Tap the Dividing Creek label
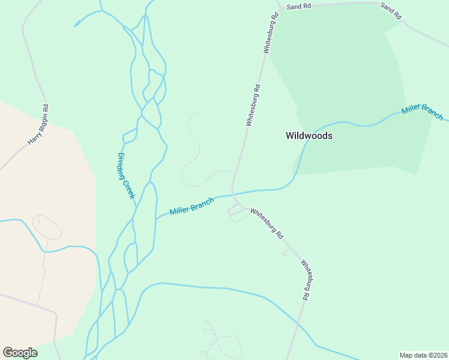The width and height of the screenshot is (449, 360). click(126, 176)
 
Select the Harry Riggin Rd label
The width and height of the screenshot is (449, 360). click(38, 125)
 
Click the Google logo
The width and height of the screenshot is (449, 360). click(20, 353)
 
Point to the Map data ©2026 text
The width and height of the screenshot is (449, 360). click(423, 355)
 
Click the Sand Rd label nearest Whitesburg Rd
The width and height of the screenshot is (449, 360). click(298, 7)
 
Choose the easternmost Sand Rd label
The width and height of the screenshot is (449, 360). click(391, 11)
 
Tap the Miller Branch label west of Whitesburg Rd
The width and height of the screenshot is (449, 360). click(191, 207)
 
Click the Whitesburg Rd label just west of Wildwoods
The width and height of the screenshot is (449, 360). click(253, 105)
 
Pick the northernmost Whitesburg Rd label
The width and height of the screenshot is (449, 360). click(269, 34)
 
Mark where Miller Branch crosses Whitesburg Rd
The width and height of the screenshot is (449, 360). click(233, 194)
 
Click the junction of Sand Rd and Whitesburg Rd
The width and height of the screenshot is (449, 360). click(280, 8)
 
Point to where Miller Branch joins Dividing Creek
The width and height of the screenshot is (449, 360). click(156, 218)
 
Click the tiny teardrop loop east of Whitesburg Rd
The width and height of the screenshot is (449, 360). click(284, 253)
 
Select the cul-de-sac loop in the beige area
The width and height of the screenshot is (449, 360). click(46, 226)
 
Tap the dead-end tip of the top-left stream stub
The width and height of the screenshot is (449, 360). click(75, 25)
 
